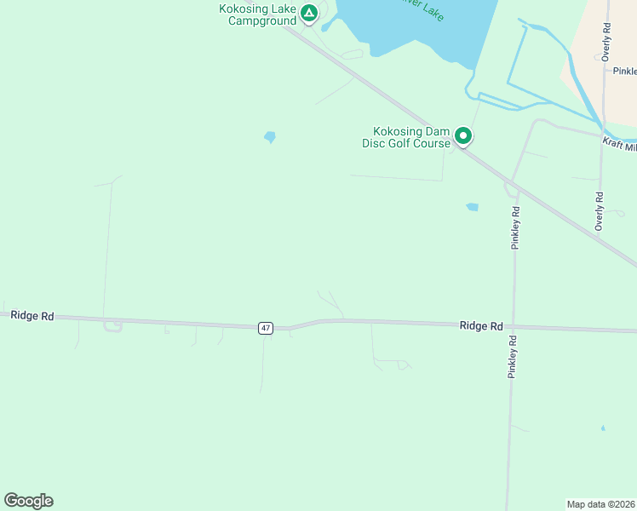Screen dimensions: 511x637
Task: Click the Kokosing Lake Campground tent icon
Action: click(x=309, y=13)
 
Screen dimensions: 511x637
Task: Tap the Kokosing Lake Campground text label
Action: click(x=257, y=14)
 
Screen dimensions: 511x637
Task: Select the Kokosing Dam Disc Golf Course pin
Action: click(x=463, y=135)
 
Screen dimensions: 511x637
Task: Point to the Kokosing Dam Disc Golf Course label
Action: click(x=410, y=137)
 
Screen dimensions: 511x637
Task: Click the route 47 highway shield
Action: click(x=266, y=328)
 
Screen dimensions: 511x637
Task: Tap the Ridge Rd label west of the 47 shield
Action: click(x=32, y=315)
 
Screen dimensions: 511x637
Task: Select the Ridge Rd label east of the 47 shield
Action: click(x=480, y=325)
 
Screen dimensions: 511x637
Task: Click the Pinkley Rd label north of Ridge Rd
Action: click(x=515, y=227)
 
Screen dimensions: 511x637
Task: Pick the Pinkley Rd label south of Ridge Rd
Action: click(x=513, y=356)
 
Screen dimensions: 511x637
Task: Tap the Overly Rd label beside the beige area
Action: click(x=605, y=41)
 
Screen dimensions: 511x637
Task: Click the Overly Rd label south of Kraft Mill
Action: click(x=600, y=210)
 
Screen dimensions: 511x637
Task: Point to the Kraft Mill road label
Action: click(x=619, y=146)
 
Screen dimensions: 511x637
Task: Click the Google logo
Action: click(x=29, y=501)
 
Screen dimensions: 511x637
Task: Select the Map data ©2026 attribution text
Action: click(x=600, y=504)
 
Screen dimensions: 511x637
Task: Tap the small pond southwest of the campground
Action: click(x=270, y=136)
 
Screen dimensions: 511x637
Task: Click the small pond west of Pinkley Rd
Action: click(x=472, y=207)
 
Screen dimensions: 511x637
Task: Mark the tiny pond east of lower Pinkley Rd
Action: click(x=603, y=428)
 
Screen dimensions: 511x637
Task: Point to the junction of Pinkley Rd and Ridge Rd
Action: click(x=512, y=327)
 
